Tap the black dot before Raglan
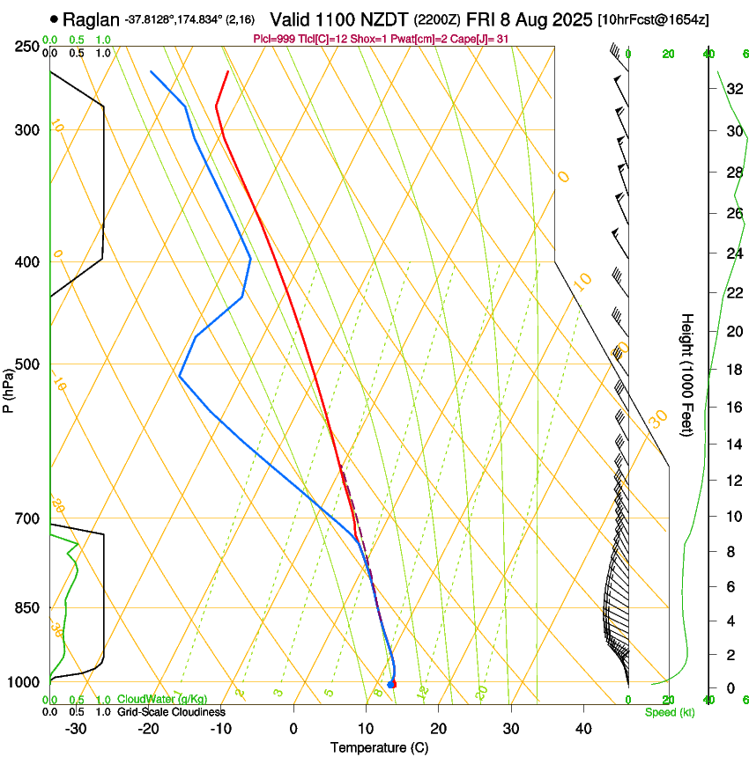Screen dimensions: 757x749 tap(56, 18)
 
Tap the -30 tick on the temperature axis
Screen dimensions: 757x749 tap(76, 728)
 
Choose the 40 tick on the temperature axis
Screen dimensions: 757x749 tap(583, 728)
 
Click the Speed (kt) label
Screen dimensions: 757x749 tap(669, 712)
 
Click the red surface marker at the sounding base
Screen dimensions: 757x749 tap(393, 684)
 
